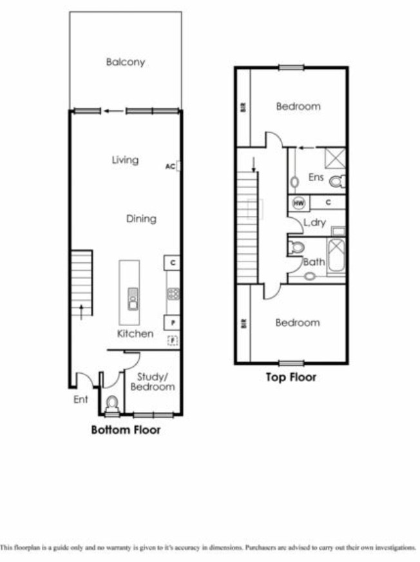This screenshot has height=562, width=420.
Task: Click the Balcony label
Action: point(126,63)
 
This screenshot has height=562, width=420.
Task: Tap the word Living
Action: point(125,160)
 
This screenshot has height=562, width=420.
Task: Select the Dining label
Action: point(141,218)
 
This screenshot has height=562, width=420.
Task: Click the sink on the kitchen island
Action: point(133,298)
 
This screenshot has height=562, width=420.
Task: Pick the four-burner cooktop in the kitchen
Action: point(173,294)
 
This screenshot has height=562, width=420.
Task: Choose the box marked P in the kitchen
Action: point(173,323)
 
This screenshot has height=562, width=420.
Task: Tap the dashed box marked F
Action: point(172,340)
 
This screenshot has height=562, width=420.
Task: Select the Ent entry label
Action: point(81,400)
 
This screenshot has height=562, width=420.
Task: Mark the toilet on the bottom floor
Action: point(112,405)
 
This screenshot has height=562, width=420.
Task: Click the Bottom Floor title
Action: point(126,430)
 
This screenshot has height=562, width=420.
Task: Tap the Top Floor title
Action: point(291,377)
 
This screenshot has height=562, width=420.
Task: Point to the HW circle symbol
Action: point(298,203)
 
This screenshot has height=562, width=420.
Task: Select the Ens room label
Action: point(316,177)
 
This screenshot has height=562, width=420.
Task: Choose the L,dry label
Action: point(315,223)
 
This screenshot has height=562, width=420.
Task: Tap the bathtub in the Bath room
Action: point(336,256)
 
